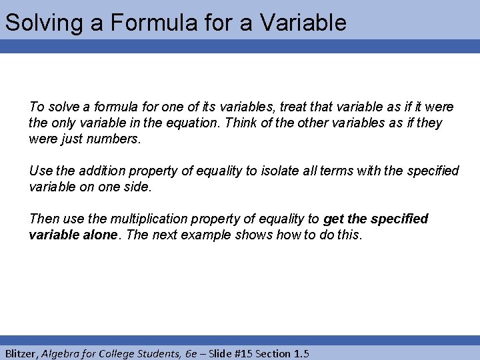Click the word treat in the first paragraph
coord(295,107)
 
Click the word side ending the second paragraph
coord(138,187)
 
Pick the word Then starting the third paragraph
coord(43,219)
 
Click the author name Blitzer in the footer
coord(21,353)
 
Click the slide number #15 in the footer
coord(254,353)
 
